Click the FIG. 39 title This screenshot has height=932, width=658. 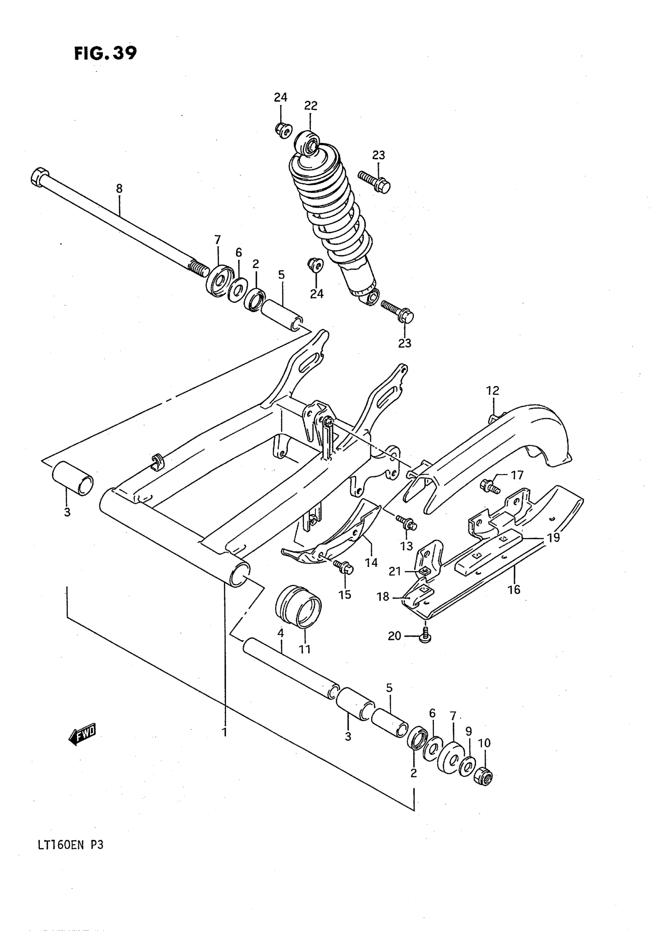[x=106, y=53]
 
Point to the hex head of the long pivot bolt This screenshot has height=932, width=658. [x=39, y=176]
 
